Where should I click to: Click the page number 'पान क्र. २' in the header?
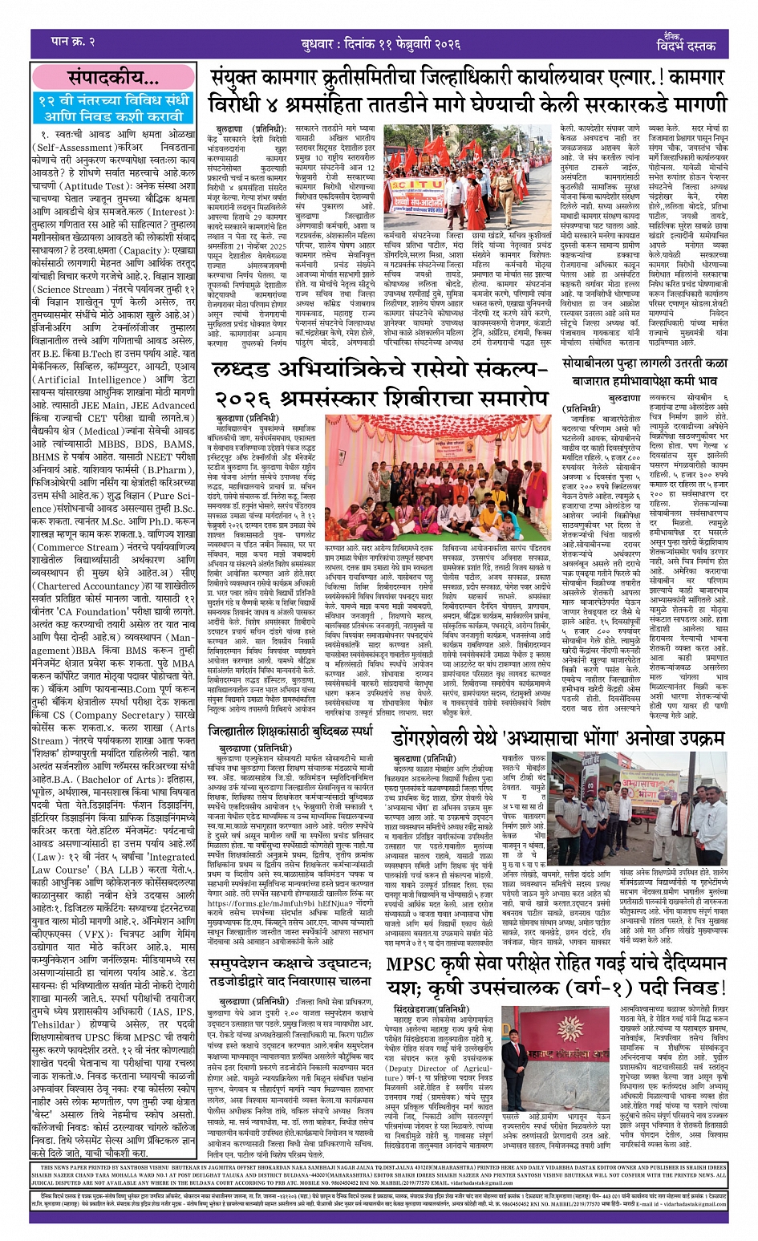coord(73,42)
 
